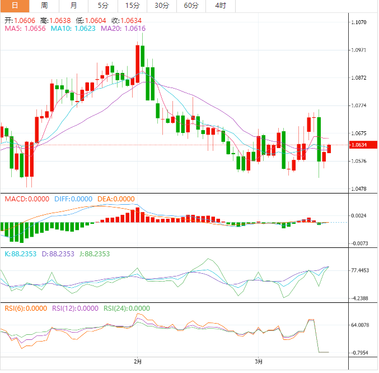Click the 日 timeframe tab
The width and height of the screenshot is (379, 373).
15,6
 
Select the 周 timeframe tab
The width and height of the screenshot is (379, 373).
44,6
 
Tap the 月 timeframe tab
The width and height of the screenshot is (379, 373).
74,6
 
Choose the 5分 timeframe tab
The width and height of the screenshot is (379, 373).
103,6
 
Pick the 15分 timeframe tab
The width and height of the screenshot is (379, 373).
133,6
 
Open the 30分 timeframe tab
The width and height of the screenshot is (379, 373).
162,6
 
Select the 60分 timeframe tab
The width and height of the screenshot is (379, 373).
191,6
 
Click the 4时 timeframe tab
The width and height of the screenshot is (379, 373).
221,6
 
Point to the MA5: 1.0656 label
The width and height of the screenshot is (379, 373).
26,28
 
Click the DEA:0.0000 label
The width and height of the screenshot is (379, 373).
116,199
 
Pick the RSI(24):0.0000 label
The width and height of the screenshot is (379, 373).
127,308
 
